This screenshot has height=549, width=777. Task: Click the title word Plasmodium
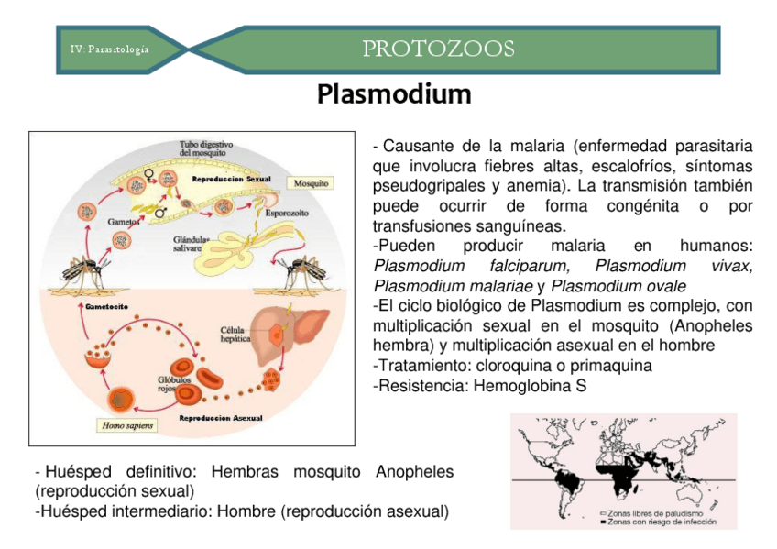(394, 94)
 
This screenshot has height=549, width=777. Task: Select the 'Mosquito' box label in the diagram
(312, 183)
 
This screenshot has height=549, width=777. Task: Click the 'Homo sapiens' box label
(127, 424)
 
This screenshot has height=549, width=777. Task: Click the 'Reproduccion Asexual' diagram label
(220, 418)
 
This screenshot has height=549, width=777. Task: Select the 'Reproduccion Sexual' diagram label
(231, 178)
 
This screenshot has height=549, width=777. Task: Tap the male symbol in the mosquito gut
(159, 211)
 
